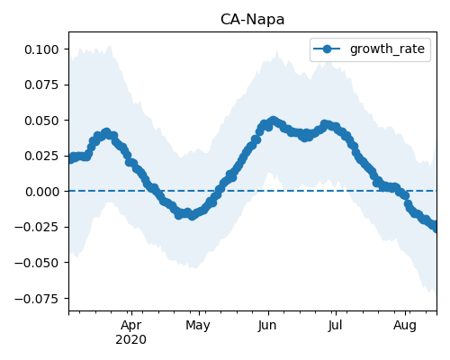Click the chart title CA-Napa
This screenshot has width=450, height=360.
pyautogui.click(x=252, y=20)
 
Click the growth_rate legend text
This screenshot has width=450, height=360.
pyautogui.click(x=387, y=49)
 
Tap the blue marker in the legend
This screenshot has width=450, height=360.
pyautogui.click(x=327, y=49)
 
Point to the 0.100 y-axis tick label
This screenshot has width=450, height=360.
pyautogui.click(x=41, y=49)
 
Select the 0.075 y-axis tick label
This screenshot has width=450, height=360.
pyautogui.click(x=41, y=85)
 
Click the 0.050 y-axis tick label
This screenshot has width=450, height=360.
pyautogui.click(x=41, y=121)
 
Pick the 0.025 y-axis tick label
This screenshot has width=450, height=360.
pyautogui.click(x=41, y=156)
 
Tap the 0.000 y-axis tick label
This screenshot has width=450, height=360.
pyautogui.click(x=41, y=192)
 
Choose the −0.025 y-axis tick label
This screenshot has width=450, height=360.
pyautogui.click(x=36, y=227)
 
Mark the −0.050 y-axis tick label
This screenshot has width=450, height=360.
pyautogui.click(x=36, y=263)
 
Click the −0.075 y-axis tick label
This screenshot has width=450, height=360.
pyautogui.click(x=36, y=299)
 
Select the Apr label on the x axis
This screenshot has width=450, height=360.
pyautogui.click(x=131, y=326)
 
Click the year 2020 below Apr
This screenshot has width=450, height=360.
pyautogui.click(x=131, y=339)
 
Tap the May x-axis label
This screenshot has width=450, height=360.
pyautogui.click(x=198, y=326)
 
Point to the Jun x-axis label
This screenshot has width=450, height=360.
pyautogui.click(x=267, y=326)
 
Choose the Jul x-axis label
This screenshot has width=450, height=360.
pyautogui.click(x=335, y=326)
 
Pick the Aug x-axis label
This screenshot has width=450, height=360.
pyautogui.click(x=405, y=326)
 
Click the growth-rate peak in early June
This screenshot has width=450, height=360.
pyautogui.click(x=273, y=121)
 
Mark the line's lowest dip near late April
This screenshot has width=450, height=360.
pyautogui.click(x=192, y=216)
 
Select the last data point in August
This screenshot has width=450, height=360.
pyautogui.click(x=436, y=228)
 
